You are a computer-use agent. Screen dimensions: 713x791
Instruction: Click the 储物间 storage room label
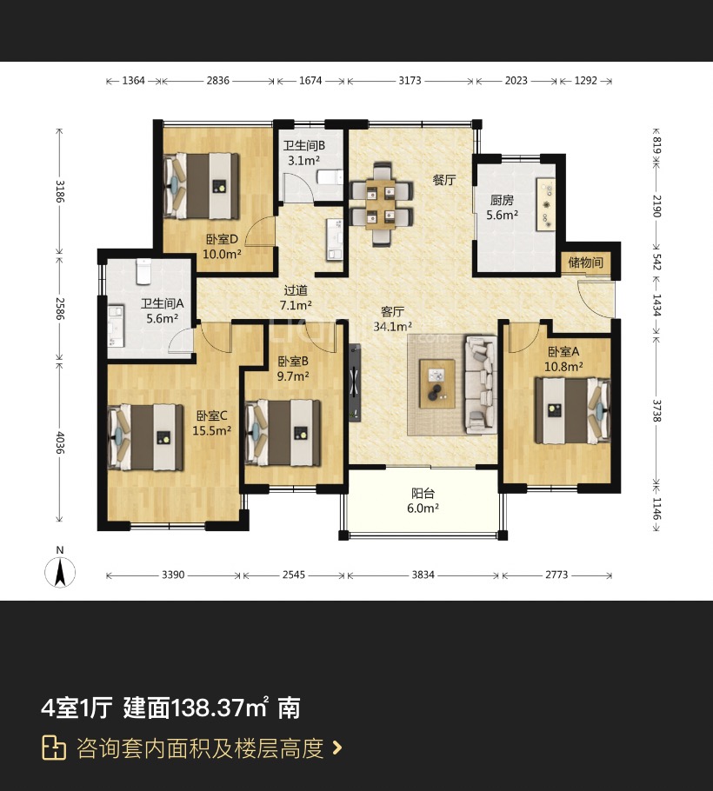click(x=585, y=263)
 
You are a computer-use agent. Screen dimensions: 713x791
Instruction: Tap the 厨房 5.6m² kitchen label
click(x=502, y=208)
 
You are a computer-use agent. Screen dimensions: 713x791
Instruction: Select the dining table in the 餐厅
click(x=382, y=204)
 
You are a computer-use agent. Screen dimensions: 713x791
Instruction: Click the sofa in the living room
click(x=480, y=385)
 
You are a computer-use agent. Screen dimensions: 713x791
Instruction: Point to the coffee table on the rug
click(x=437, y=383)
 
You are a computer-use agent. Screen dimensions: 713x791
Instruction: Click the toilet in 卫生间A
click(x=143, y=270)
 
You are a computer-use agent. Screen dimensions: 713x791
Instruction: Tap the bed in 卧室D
click(x=202, y=186)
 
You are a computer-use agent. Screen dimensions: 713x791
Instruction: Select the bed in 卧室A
click(x=572, y=410)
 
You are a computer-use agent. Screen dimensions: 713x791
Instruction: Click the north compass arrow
click(x=60, y=572)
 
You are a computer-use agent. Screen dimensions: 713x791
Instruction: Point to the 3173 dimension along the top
click(x=410, y=81)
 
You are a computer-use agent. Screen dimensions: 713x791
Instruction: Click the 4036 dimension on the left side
click(x=59, y=442)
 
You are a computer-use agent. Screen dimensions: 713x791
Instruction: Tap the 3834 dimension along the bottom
click(x=423, y=575)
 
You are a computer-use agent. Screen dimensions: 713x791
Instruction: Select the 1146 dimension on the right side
click(x=656, y=508)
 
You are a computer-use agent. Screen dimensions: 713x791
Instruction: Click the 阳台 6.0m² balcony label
click(x=423, y=501)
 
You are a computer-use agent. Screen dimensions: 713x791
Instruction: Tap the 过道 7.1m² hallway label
click(x=296, y=297)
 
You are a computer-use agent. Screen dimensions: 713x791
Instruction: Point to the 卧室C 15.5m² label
click(x=212, y=423)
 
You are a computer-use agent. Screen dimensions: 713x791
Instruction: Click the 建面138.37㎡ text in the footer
click(x=196, y=708)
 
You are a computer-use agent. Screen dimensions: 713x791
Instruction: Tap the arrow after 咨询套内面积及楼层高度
click(x=337, y=748)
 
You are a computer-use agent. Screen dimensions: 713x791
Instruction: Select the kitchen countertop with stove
click(x=545, y=204)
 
